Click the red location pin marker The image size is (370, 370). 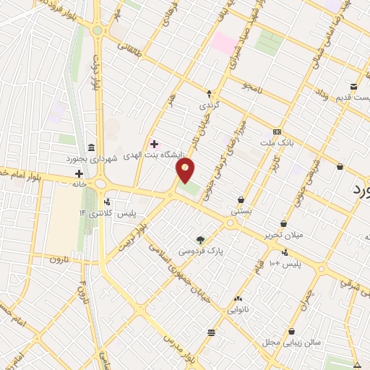186,171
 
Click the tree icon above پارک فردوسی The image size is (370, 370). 201,240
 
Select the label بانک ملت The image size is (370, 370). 278,143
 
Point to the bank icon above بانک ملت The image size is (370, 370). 278,132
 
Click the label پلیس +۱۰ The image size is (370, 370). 284,264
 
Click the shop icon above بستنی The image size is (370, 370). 241,201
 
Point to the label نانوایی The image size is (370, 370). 238,309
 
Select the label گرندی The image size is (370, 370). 209,106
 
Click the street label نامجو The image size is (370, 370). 250,87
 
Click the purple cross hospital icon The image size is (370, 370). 154,143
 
